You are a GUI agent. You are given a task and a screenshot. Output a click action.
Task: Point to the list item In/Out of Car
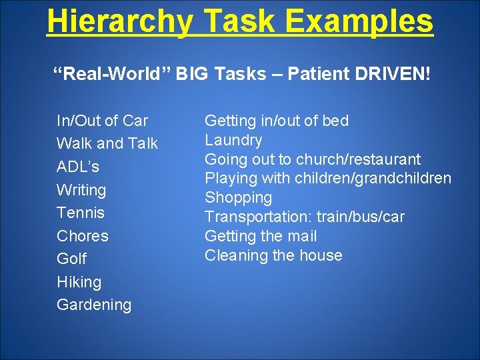102,121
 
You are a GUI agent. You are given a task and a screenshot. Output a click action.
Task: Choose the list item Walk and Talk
107,143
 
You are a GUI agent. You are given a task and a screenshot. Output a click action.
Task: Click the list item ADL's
78,167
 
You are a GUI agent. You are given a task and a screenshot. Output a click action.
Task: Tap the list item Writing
81,190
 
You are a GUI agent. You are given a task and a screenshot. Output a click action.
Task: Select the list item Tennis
81,213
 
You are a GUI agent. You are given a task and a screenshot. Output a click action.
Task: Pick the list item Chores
83,236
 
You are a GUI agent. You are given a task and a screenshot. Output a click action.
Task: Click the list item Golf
71,259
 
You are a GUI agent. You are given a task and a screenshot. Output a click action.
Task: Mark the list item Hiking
79,282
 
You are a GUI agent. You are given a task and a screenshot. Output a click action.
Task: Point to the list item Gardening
94,305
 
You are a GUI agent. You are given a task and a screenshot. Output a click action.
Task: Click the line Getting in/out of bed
276,121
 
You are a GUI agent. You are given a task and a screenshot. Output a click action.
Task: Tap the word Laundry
233,140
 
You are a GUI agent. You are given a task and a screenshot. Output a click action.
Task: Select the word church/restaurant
358,159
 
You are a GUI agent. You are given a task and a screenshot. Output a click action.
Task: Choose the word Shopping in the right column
238,197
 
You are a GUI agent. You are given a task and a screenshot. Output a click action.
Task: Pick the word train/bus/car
360,217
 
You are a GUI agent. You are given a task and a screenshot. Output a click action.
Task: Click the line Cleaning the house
273,255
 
